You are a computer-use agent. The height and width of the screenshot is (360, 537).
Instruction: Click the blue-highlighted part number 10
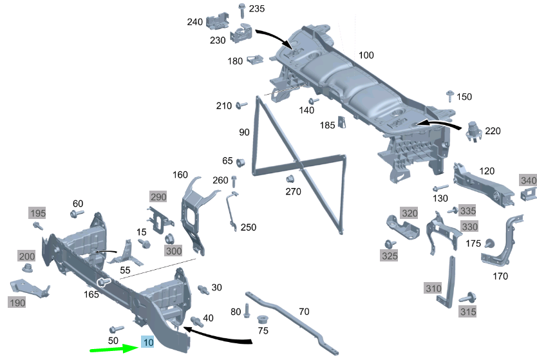pyautogui.click(x=149, y=343)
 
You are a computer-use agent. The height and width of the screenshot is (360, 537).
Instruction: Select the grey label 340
pyautogui.click(x=528, y=181)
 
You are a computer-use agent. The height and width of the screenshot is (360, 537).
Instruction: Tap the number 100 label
pyautogui.click(x=366, y=55)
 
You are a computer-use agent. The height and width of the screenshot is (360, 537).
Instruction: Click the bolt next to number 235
pyautogui.click(x=241, y=10)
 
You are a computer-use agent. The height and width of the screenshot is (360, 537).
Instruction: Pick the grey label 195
pyautogui.click(x=37, y=213)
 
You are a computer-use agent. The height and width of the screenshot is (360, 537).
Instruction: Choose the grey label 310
pyautogui.click(x=433, y=288)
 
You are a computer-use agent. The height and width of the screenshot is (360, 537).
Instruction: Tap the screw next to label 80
pyautogui.click(x=247, y=312)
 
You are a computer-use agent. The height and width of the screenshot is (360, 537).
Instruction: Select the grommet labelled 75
pyautogui.click(x=263, y=320)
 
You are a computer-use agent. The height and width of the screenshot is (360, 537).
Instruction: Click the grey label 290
pyautogui.click(x=158, y=196)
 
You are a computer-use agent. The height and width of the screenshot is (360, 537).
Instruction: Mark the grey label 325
pyautogui.click(x=389, y=256)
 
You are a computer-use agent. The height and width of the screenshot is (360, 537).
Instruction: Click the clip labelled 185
pyautogui.click(x=342, y=122)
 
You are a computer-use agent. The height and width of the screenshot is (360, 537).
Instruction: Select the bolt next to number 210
pyautogui.click(x=242, y=105)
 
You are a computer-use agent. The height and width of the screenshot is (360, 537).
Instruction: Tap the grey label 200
pyautogui.click(x=27, y=256)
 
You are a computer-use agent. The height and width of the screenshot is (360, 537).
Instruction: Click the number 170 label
pyautogui.click(x=500, y=276)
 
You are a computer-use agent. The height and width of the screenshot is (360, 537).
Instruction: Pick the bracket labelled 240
pyautogui.click(x=218, y=21)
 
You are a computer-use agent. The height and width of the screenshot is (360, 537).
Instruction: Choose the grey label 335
pyautogui.click(x=467, y=211)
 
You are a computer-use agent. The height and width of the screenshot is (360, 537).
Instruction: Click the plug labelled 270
pyautogui.click(x=290, y=178)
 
